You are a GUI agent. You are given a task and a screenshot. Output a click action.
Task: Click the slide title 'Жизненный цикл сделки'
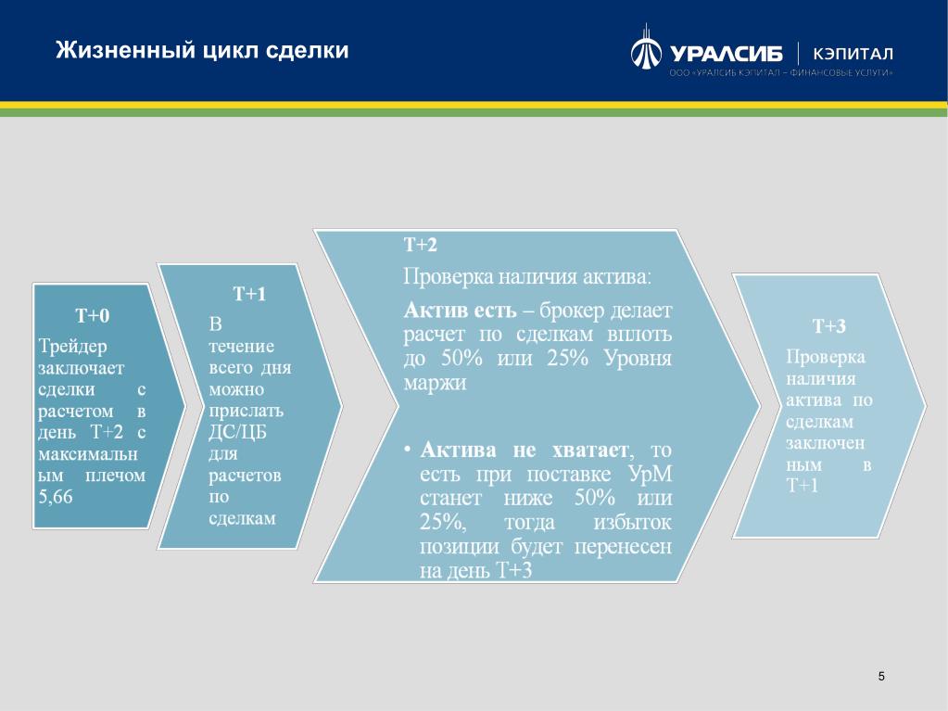(x=202, y=49)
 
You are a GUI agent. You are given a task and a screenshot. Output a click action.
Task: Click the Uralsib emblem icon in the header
(x=646, y=47)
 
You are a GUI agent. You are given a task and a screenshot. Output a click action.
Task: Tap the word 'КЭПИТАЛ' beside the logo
(x=853, y=54)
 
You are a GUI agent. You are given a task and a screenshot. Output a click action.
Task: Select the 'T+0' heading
(x=93, y=315)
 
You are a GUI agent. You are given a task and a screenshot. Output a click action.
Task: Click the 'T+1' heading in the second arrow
(x=249, y=294)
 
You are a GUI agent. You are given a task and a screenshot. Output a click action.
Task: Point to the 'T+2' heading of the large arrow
(x=420, y=245)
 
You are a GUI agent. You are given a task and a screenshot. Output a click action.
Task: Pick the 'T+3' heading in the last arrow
(x=828, y=326)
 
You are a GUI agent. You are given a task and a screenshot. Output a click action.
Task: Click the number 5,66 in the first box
(x=55, y=497)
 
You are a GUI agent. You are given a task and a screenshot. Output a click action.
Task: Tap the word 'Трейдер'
(x=72, y=347)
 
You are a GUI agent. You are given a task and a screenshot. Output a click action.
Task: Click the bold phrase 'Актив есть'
(x=460, y=311)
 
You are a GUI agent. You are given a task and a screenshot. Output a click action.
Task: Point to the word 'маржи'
(x=435, y=384)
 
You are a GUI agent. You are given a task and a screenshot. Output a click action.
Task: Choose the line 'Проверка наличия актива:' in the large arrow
(x=528, y=277)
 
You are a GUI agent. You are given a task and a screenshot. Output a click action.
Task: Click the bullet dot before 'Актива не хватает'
(x=408, y=450)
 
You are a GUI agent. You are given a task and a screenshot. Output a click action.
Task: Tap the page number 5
(x=881, y=676)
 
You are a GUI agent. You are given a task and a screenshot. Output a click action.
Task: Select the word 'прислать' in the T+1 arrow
(x=246, y=412)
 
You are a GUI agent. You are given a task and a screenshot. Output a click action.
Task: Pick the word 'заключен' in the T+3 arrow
(x=825, y=444)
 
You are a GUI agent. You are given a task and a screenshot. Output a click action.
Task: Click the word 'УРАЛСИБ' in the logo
(x=727, y=55)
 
